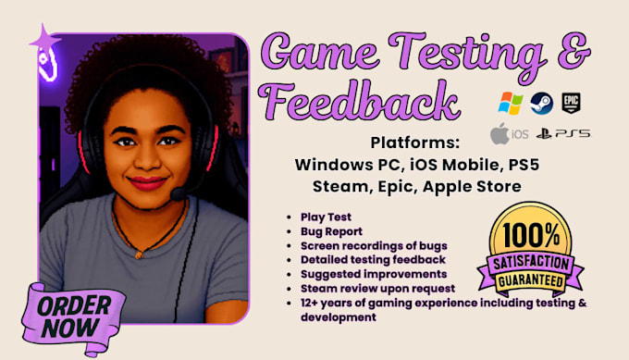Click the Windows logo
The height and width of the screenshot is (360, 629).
[511, 103]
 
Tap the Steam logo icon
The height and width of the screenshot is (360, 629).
[541, 103]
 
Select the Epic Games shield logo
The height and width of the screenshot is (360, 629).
[571, 103]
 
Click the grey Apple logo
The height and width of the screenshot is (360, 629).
[499, 133]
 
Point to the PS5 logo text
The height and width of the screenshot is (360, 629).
[573, 133]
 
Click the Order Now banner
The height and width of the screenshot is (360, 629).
[73, 318]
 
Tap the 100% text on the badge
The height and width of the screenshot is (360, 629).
[531, 235]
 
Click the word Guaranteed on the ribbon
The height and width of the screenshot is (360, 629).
[531, 280]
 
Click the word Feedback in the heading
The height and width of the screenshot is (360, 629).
[359, 101]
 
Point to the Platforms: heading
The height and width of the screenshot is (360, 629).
[414, 143]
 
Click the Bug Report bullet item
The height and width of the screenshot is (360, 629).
[331, 231]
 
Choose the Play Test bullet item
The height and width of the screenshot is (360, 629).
[326, 217]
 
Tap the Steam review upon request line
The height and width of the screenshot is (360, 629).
[378, 289]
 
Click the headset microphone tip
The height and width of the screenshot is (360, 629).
[178, 194]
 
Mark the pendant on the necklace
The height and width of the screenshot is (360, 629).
[139, 254]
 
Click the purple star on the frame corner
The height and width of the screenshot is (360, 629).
[44, 40]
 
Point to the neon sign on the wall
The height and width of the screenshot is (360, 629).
[48, 64]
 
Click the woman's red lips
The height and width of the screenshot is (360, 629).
[147, 182]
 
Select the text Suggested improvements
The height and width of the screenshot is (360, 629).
[374, 274]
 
